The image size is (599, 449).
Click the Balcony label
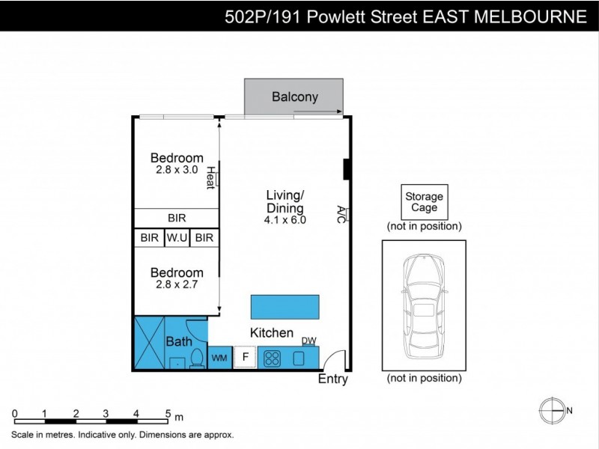point(295,97)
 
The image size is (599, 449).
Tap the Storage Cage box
point(424,202)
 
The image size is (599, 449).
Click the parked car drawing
point(424,307)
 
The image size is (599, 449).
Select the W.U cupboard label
point(177,238)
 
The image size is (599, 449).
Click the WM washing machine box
point(219,358)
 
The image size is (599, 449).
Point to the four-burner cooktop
point(273,358)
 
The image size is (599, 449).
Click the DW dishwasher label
point(308,341)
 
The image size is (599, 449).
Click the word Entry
point(333,379)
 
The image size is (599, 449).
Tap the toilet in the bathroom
point(197,359)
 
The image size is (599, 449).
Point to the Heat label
point(211,177)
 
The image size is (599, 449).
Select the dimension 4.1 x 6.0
point(285,220)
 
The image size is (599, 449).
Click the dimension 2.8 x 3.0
point(177,170)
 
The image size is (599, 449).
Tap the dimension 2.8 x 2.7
point(177,284)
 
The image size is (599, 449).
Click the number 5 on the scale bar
point(168,413)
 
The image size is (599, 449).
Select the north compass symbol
point(552,410)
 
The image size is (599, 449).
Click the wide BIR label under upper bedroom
point(177,218)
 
